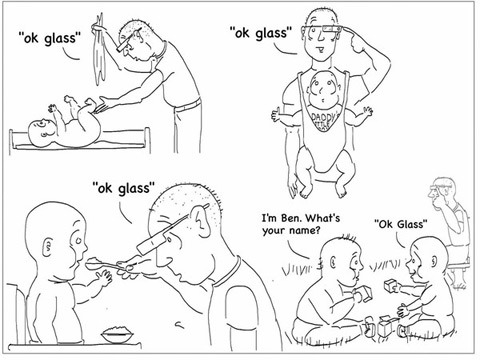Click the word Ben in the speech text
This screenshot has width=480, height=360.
point(291,218)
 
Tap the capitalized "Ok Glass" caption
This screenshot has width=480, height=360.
point(400,224)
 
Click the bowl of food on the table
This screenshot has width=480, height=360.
point(117,334)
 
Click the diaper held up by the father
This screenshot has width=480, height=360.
point(100,50)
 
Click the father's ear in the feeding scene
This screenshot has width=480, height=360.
point(201,220)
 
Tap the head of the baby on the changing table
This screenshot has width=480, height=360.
point(41,133)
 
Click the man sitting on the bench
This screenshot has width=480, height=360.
point(450,227)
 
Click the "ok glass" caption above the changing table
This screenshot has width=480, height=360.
point(50,38)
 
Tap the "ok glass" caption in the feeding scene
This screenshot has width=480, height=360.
point(123,188)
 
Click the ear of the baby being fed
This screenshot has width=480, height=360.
point(47,247)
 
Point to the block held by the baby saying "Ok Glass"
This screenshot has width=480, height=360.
point(389,286)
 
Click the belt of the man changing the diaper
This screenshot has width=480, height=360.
point(188,104)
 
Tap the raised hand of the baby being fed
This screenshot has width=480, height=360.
point(104,277)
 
